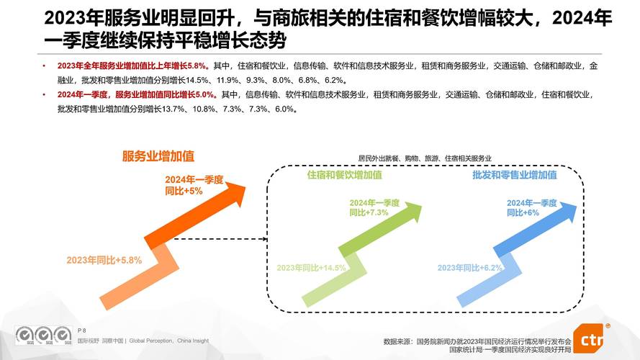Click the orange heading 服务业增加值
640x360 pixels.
pyautogui.click(x=158, y=156)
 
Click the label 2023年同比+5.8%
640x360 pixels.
pyautogui.click(x=104, y=259)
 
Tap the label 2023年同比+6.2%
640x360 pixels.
pyautogui.click(x=469, y=268)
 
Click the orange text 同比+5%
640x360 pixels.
pyautogui.click(x=184, y=192)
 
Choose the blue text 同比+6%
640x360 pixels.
pyautogui.click(x=523, y=212)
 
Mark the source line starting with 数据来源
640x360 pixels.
pyautogui.click(x=477, y=341)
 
